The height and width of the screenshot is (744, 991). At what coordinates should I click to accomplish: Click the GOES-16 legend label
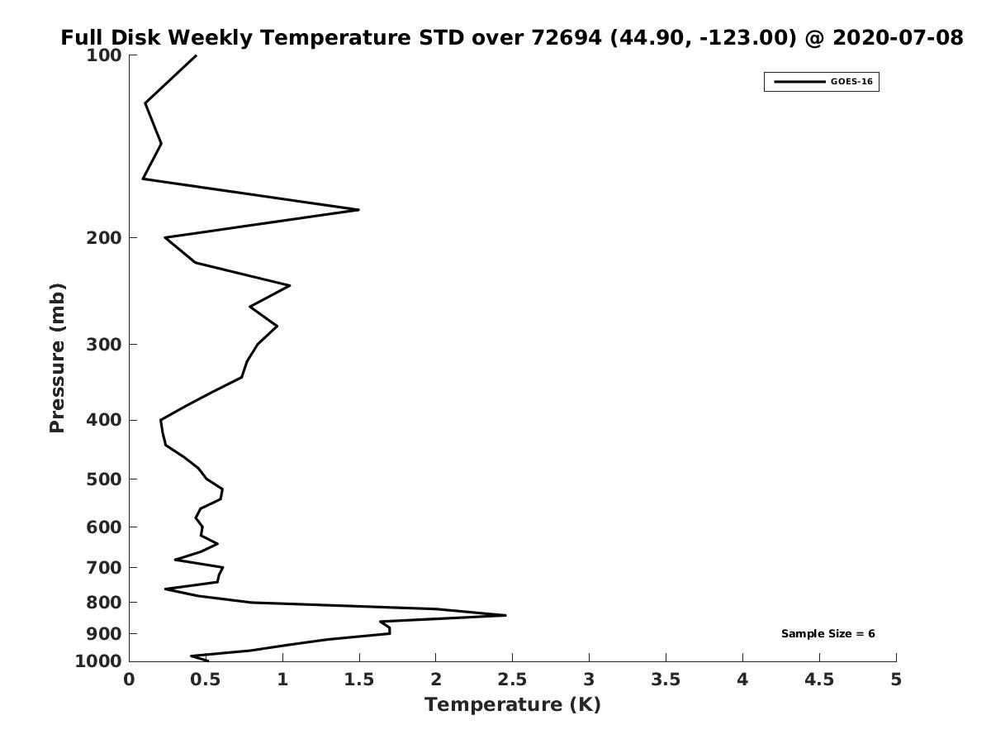[851, 82]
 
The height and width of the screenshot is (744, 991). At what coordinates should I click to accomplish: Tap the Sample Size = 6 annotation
[828, 634]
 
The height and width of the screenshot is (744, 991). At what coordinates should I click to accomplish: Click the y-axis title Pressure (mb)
[57, 358]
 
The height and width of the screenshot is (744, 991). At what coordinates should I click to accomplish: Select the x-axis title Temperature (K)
[513, 704]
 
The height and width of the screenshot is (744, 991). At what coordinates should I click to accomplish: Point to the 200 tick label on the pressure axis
[104, 238]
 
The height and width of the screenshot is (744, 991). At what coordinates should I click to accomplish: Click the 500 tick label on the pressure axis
[104, 479]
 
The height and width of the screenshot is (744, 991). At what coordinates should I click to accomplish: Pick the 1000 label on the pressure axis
[98, 661]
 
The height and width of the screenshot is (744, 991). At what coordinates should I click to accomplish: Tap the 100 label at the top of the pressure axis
[104, 55]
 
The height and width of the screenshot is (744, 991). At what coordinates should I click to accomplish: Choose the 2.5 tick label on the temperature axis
[513, 680]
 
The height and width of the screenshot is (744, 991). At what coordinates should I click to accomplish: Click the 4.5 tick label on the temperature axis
[819, 680]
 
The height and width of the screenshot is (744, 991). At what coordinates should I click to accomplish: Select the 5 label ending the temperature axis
[896, 680]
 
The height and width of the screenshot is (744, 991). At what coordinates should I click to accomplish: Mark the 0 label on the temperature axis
[129, 680]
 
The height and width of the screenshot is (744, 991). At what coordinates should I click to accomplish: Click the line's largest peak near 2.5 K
[505, 615]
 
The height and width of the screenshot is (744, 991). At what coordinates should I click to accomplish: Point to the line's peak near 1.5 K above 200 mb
[359, 210]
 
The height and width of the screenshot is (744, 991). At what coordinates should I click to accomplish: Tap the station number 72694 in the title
[567, 37]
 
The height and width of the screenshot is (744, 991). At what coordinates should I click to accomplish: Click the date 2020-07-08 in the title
[898, 37]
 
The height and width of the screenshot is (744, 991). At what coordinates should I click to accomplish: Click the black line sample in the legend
[799, 82]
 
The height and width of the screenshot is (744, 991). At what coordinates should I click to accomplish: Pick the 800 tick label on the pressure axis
[104, 603]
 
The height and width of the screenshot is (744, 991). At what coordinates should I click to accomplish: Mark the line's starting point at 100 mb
[196, 55]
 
